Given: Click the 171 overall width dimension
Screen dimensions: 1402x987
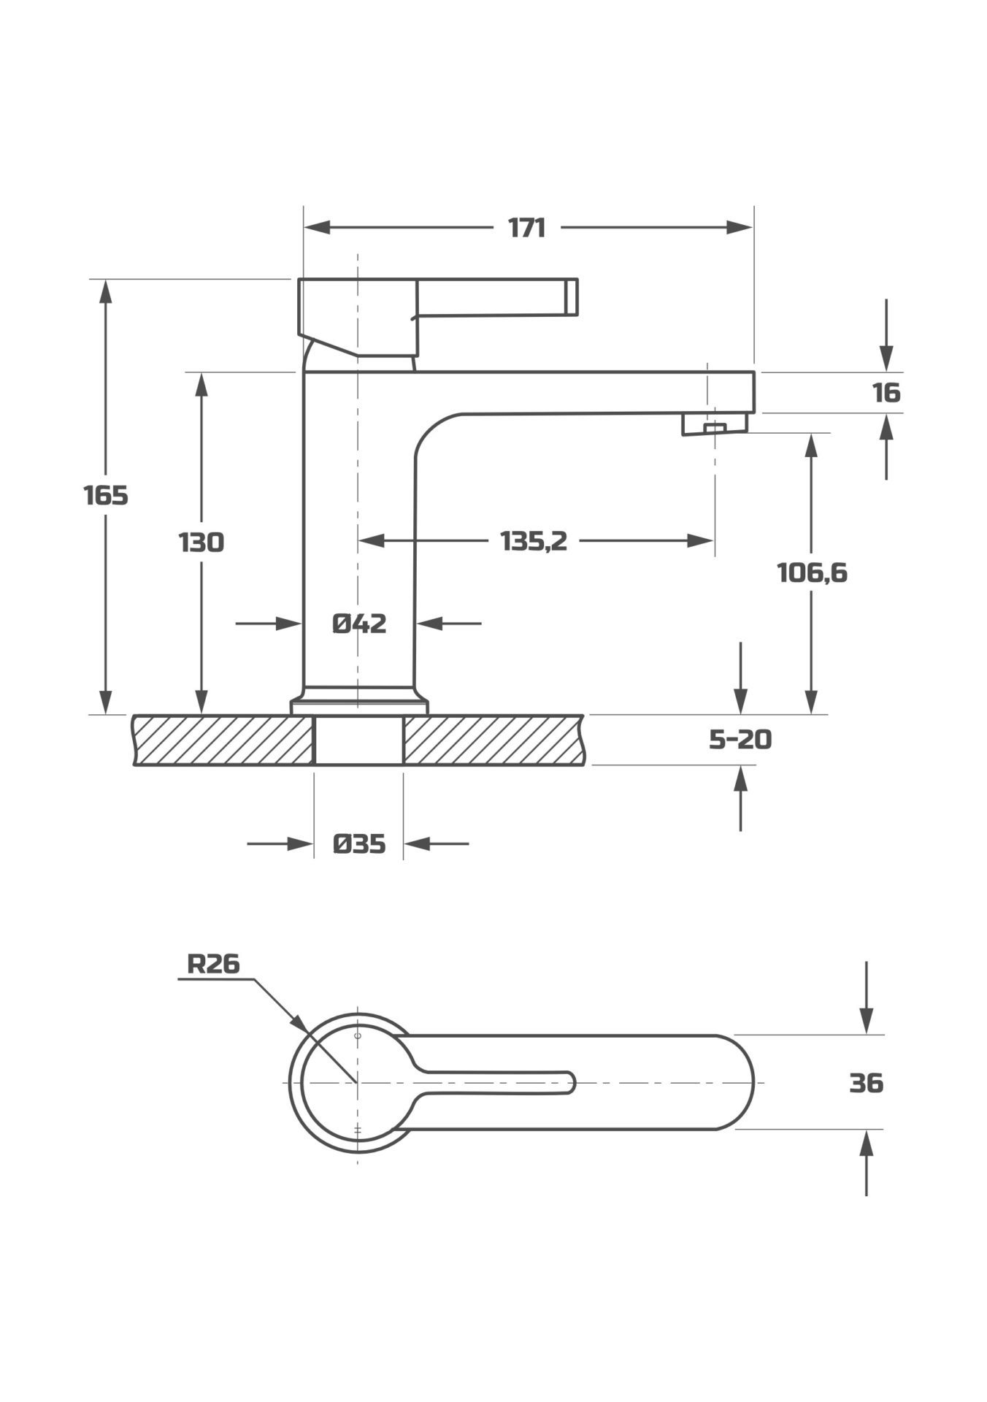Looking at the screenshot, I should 526,228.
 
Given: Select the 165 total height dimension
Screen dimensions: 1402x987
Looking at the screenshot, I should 106,496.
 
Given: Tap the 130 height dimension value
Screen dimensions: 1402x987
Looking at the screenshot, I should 201,543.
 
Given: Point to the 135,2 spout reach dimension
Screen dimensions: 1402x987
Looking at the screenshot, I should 534,541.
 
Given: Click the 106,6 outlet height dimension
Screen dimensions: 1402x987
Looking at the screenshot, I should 812,573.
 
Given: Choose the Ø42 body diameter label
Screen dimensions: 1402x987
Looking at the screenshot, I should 359,624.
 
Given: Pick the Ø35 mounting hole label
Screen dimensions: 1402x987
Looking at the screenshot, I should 358,844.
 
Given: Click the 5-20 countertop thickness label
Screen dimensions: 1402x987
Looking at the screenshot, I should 740,740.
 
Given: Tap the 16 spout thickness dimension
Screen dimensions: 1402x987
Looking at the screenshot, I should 886,393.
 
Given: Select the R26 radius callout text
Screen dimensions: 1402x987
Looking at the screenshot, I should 213,964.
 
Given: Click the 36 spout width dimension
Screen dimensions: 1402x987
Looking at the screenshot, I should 867,1083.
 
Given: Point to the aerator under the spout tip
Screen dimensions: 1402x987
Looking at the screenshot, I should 715,424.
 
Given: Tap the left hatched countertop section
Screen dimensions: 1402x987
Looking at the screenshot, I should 223,740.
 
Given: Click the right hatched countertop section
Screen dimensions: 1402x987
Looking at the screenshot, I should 493,740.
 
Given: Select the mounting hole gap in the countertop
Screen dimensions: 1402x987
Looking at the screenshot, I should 358,740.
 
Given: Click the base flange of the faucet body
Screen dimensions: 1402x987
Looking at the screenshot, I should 359,706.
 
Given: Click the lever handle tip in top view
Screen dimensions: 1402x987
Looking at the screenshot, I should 569,1083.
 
